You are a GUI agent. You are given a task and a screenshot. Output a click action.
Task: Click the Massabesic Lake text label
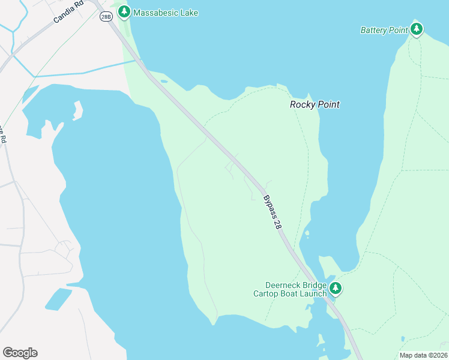[x=166, y=13]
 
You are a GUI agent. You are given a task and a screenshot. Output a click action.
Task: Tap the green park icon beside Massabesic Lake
[x=124, y=11]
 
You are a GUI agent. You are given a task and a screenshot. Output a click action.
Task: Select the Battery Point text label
[x=384, y=30]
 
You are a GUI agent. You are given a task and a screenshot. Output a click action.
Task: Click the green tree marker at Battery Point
[x=417, y=28]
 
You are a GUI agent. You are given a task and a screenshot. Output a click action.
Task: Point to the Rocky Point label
[x=315, y=104]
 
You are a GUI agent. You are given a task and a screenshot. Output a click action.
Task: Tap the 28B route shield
[x=106, y=17]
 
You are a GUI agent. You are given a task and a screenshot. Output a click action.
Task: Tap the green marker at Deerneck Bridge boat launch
[x=336, y=289]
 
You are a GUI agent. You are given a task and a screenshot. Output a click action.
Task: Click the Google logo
[x=20, y=353]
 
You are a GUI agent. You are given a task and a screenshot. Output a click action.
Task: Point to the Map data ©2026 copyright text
[x=424, y=355]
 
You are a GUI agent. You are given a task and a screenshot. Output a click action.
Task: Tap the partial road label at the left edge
[x=3, y=134]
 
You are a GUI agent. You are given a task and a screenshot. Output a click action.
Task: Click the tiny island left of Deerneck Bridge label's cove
[x=307, y=233]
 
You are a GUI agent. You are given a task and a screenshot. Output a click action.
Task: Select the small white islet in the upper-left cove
[x=77, y=110]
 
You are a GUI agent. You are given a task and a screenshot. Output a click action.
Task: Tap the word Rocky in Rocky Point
[x=302, y=104]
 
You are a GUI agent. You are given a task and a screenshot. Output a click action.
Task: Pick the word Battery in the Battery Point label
[x=375, y=30]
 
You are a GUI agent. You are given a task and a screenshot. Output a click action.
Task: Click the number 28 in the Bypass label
[x=277, y=223]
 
